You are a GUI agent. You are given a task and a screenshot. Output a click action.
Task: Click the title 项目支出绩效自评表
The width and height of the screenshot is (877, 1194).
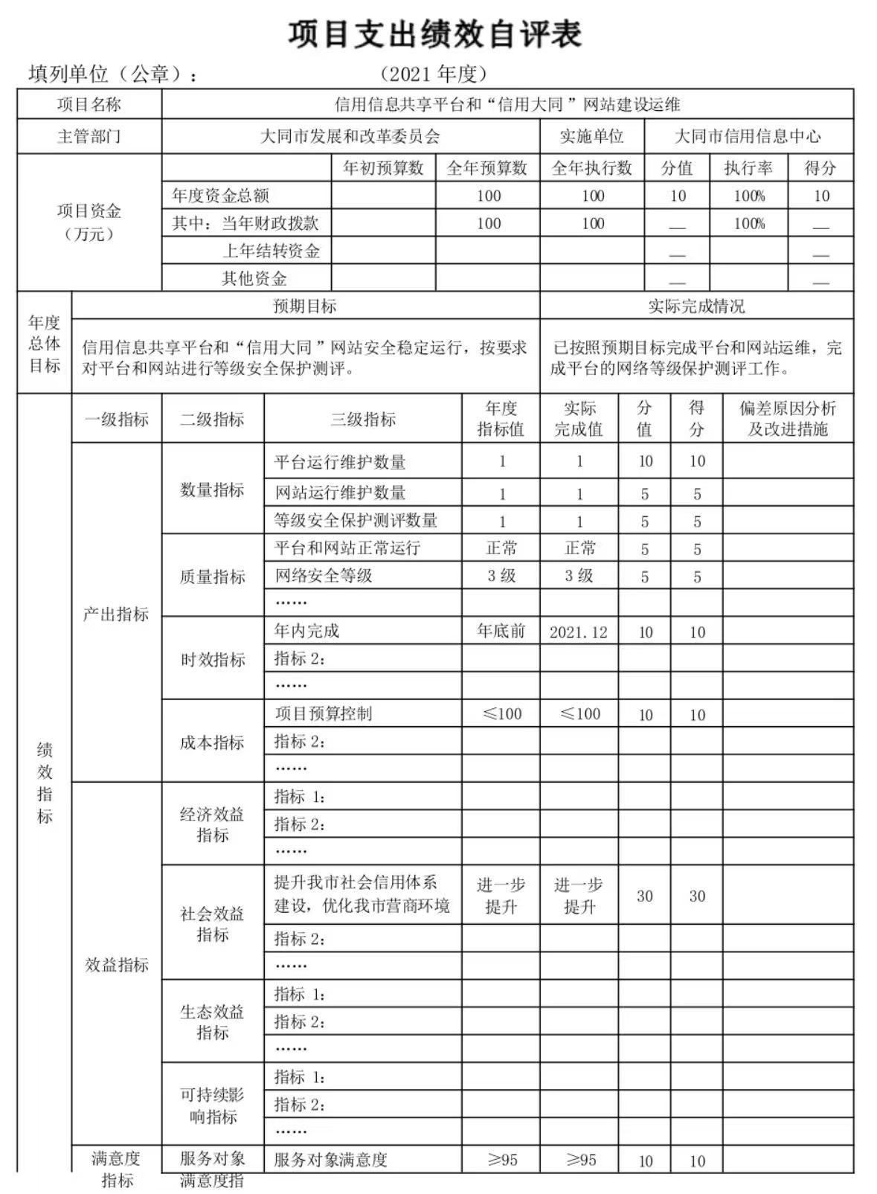point(435,35)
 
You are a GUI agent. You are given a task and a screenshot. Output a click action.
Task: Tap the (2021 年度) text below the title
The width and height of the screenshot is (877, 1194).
point(434,74)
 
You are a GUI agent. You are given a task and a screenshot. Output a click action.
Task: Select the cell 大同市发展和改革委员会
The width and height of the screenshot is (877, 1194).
point(350,137)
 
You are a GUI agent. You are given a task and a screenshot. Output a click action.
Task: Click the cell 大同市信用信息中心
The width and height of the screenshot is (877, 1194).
point(748,137)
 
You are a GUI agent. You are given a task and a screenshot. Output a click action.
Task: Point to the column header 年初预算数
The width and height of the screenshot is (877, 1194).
point(383,168)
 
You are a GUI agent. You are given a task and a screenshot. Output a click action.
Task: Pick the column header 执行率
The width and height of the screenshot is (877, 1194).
point(748,168)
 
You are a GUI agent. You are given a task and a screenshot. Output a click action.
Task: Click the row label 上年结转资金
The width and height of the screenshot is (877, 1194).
point(272,251)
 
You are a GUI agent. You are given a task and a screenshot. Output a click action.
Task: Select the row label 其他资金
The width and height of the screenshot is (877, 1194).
point(254,278)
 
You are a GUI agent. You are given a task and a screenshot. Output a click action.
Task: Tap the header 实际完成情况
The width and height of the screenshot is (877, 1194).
point(696,306)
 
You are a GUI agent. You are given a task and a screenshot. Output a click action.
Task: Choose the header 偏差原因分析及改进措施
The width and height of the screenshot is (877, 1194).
point(787,419)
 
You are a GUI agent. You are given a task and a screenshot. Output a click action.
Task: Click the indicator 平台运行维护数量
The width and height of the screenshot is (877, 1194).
point(340,462)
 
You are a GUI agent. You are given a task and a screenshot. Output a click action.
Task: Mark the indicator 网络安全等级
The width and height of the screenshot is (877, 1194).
point(324,575)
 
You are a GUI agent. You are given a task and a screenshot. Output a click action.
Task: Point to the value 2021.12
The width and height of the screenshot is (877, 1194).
point(579,632)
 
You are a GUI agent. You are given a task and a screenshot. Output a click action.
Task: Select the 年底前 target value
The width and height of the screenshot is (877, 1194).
point(501,632)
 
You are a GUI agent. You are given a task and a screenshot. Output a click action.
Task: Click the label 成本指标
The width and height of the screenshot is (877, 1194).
point(212,742)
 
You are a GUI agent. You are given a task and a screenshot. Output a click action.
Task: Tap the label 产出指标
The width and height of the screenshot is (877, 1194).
point(116,614)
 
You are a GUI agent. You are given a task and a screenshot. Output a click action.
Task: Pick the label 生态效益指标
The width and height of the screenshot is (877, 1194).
point(212,1021)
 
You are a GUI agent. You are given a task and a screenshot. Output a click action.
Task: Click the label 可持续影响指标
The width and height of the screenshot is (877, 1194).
point(212,1105)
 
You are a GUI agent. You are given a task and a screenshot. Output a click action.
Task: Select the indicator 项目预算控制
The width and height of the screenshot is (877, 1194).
point(324,714)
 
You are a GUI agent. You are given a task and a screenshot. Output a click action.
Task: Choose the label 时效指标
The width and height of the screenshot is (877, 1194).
point(212,659)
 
